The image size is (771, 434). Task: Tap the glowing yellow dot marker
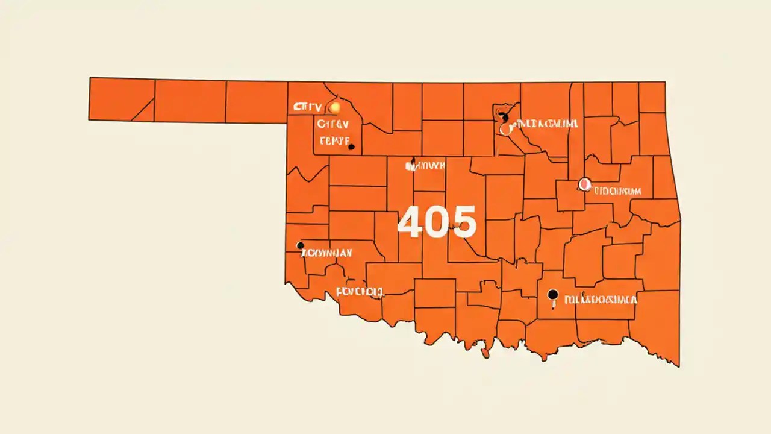[335, 108]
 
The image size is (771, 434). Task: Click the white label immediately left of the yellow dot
[307, 107]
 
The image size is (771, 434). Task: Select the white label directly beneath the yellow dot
[332, 125]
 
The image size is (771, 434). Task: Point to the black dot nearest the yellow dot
[351, 146]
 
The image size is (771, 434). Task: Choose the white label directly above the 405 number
[427, 165]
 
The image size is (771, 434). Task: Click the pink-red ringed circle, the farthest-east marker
[584, 184]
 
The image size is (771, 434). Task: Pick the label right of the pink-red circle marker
[617, 192]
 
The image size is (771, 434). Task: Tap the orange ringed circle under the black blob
[505, 129]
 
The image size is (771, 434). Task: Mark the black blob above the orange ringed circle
[504, 116]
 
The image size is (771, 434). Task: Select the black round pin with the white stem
[552, 295]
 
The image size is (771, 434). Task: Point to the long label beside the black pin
[601, 298]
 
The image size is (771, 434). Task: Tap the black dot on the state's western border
[300, 245]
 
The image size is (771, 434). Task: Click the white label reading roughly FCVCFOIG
[360, 293]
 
